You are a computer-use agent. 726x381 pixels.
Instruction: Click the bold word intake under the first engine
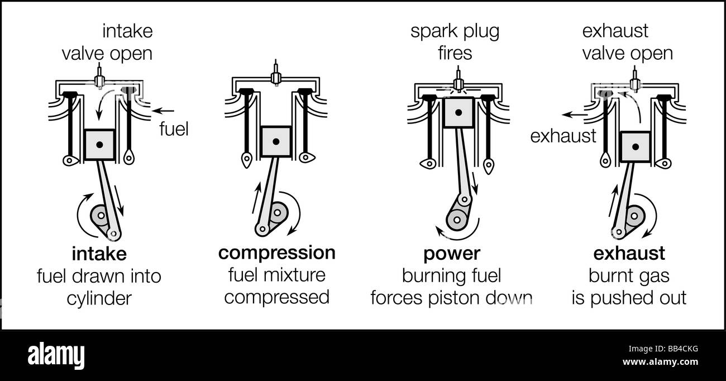pos(99,254)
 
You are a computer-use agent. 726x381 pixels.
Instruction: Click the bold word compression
pos(277,253)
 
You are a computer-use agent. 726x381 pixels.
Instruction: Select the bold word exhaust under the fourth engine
pos(629,253)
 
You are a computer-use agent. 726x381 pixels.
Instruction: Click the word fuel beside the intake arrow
pos(174,129)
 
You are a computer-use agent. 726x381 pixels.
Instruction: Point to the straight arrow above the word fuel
pos(163,111)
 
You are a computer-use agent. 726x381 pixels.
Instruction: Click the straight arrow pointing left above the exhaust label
pos(574,115)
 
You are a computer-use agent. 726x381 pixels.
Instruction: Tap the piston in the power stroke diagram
pos(458,112)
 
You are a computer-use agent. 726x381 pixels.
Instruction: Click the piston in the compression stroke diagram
pos(276,141)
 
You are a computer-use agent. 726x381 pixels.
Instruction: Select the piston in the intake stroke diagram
pos(99,145)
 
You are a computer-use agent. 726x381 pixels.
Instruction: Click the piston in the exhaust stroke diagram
pos(636,147)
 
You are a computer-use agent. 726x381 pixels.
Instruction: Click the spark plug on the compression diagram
pos(276,73)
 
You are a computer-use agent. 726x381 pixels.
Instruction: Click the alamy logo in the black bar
pos(56,356)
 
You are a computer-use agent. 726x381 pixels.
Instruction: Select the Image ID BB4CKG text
pos(663,349)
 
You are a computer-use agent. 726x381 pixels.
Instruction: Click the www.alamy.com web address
pos(660,361)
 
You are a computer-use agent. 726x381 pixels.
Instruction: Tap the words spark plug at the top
pos(455,32)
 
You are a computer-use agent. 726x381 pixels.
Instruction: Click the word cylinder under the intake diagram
pos(99,299)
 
